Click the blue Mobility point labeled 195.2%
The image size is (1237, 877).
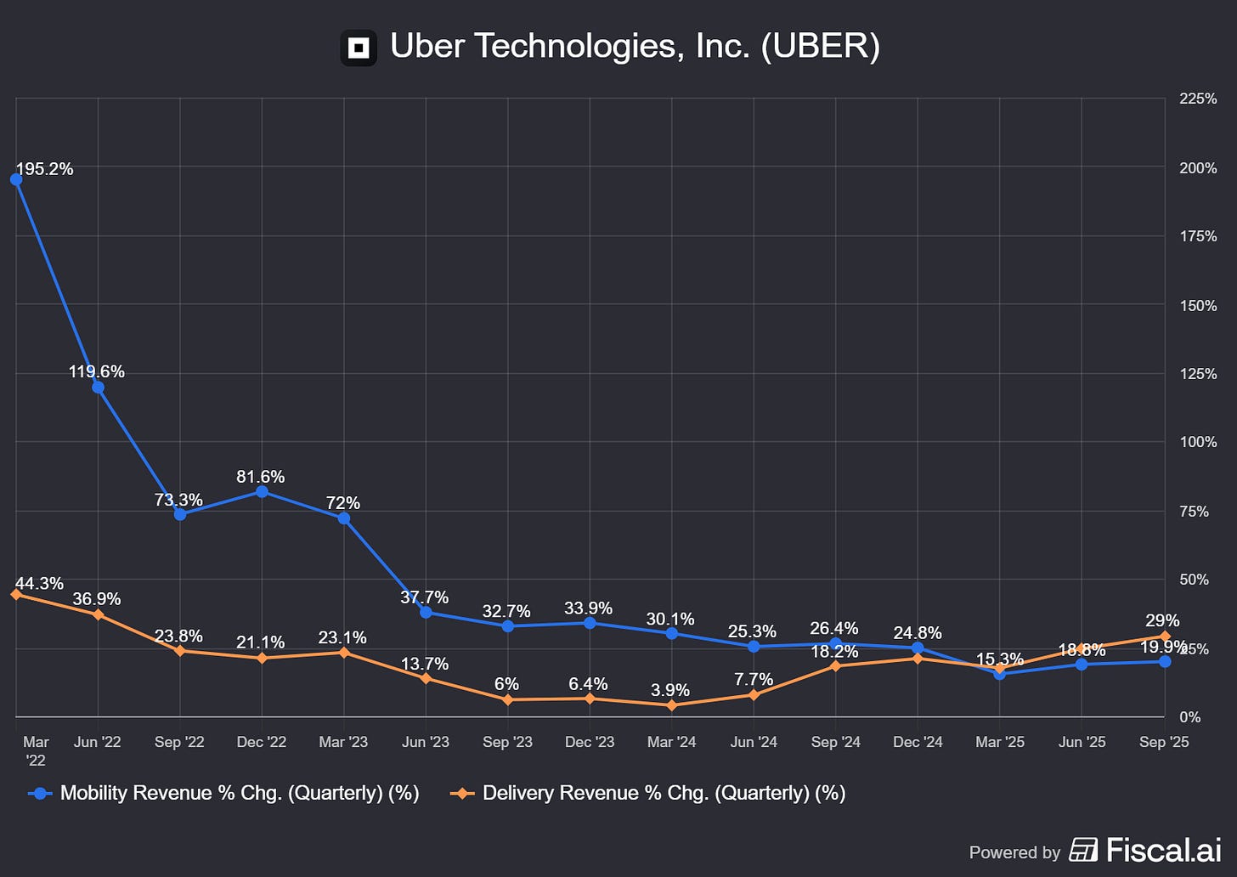pos(16,179)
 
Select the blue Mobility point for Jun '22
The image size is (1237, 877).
pos(98,388)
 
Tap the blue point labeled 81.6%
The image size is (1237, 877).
pos(262,492)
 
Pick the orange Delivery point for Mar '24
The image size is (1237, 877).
pos(672,705)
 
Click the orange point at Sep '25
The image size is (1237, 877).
pos(1165,637)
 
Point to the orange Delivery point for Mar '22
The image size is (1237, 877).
pos(16,594)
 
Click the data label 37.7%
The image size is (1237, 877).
pos(424,597)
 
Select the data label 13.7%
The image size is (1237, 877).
pos(424,664)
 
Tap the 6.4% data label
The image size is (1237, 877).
pos(588,684)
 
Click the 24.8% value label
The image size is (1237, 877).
pos(917,633)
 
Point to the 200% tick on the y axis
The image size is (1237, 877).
pos(1198,168)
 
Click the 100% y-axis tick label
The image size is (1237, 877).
pos(1198,442)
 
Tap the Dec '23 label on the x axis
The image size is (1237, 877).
pos(590,742)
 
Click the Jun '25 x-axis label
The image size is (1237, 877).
pos(1082,742)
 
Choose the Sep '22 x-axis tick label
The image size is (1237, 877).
pos(179,742)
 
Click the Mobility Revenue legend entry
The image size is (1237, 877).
pos(224,793)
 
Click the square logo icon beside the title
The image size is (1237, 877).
pos(359,48)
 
